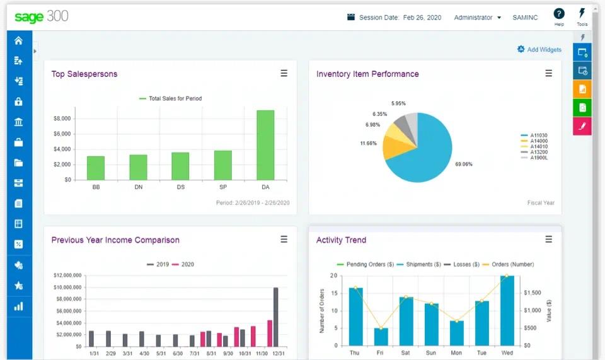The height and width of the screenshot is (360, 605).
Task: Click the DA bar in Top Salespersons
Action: tap(265, 145)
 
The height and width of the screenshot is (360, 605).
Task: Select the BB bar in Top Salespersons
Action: tap(96, 168)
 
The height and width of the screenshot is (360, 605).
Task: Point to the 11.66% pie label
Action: tap(369, 143)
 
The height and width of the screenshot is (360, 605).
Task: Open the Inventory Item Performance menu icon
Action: tap(548, 74)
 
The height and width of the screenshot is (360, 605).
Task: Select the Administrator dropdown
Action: tap(477, 18)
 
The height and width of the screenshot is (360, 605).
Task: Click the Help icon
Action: tap(559, 14)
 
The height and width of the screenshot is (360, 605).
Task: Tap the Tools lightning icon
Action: tap(582, 13)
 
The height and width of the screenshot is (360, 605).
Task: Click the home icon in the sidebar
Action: tap(18, 40)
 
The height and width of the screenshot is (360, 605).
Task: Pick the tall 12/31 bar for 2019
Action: tap(275, 316)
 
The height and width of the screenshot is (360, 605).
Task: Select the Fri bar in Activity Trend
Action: tap(381, 336)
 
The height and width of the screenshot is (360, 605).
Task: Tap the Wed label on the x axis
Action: tap(507, 353)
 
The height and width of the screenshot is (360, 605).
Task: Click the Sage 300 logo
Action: tap(41, 17)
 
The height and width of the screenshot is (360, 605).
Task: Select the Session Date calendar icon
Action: tap(351, 18)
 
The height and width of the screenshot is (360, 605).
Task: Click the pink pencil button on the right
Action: tap(582, 126)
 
